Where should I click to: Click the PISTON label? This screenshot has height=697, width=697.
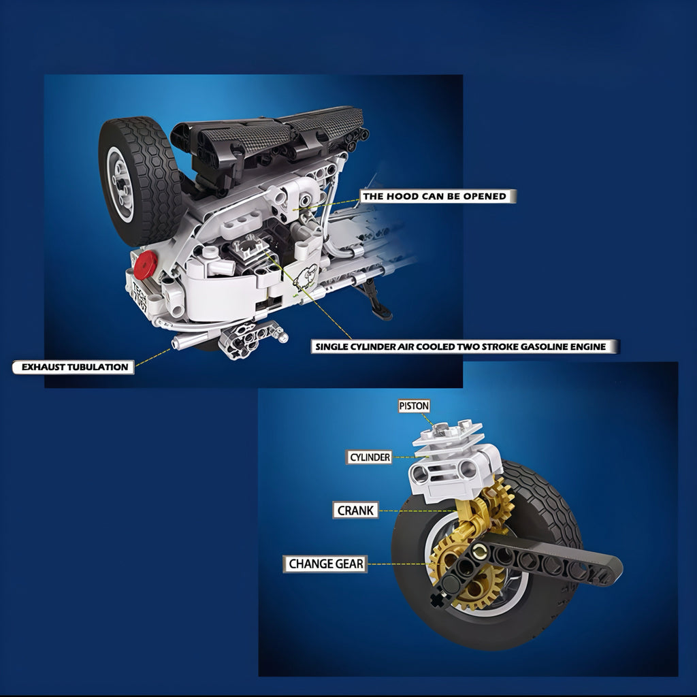tap(413, 406)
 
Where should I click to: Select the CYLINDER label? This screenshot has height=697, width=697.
tap(370, 457)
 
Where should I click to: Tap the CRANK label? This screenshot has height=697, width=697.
tap(355, 510)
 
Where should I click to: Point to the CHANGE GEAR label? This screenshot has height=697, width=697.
tap(325, 564)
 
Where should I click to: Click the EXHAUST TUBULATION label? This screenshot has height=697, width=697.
tap(74, 367)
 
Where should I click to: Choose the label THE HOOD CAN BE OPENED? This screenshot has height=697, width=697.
tap(437, 196)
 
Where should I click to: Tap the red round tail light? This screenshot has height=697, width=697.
tap(145, 265)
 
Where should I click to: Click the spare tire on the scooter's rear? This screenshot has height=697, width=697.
tap(140, 180)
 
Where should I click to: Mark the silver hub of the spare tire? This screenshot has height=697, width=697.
tap(121, 184)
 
